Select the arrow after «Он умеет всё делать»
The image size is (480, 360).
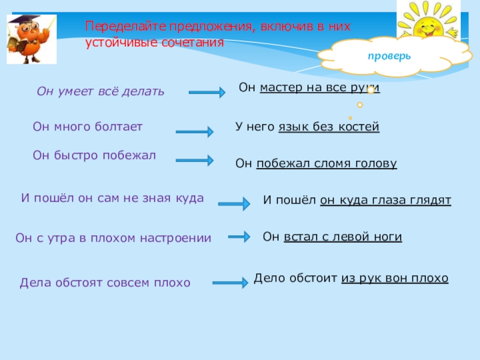[206, 92]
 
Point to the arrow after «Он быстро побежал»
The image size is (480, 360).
[194, 160]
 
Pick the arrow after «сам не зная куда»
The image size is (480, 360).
[233, 204]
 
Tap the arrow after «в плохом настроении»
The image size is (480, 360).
[238, 237]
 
